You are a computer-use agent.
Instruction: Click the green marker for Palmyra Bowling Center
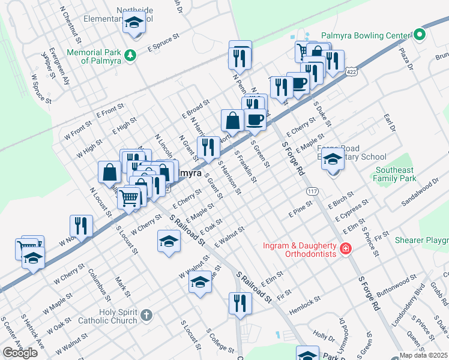point(420,35)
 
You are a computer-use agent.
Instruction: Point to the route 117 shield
point(312,191)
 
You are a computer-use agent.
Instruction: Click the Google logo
point(20,352)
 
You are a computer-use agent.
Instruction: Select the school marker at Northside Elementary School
point(134,23)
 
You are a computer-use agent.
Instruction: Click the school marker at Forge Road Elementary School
point(332,160)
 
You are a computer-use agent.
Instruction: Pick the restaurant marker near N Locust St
point(81,226)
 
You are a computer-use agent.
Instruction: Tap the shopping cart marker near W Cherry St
point(129,197)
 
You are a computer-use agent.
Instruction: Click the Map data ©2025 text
point(423,355)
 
